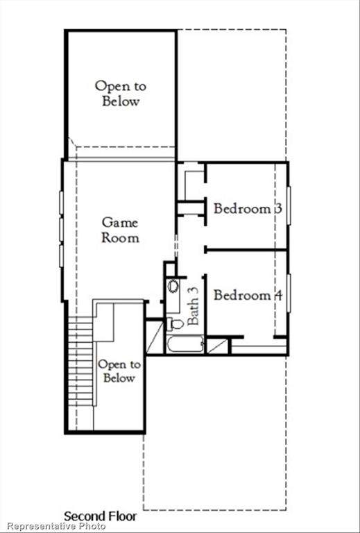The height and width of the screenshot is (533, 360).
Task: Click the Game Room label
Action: (120, 230)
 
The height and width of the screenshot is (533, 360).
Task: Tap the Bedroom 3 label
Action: (248, 208)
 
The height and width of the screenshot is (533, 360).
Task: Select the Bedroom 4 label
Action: (248, 295)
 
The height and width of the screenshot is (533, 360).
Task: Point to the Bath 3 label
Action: (193, 306)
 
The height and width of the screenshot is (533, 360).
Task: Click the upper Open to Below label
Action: (121, 93)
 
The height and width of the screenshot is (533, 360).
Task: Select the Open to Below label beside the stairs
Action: (119, 371)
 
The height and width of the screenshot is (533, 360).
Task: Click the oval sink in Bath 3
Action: (173, 285)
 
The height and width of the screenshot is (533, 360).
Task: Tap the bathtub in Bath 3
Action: (185, 344)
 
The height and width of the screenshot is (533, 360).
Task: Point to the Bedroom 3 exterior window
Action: (289, 205)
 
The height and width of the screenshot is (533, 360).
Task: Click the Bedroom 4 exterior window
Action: (289, 293)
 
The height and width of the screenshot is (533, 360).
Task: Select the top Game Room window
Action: (62, 203)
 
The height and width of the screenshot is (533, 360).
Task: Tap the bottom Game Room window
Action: (62, 256)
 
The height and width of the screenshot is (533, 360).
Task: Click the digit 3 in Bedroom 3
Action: (278, 208)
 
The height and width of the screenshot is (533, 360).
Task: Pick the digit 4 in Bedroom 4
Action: (278, 295)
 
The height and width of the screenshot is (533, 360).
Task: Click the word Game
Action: (120, 223)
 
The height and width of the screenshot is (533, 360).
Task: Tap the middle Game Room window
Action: (62, 229)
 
